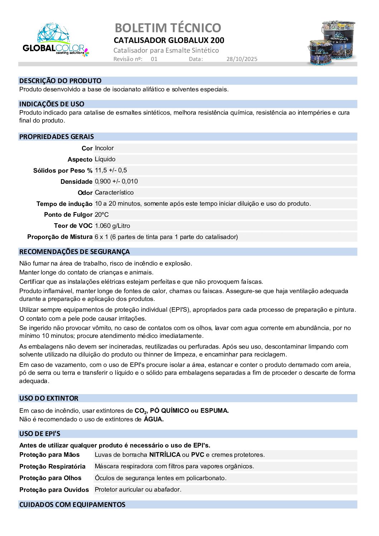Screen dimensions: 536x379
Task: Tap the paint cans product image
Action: [x=332, y=43]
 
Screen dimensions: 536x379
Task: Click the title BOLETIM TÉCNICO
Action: [x=168, y=28]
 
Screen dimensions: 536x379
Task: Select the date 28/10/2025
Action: [x=242, y=59]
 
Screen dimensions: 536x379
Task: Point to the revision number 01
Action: [x=154, y=59]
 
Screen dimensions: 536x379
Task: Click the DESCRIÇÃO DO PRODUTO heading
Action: [x=60, y=81]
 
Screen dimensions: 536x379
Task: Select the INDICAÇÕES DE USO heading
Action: [x=52, y=104]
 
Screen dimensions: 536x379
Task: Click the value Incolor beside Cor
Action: [x=104, y=148]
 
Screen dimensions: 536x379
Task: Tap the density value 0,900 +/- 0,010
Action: [x=116, y=182]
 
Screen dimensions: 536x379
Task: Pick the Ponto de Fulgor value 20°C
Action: [x=102, y=215]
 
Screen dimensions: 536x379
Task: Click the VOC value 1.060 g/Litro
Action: [x=112, y=226]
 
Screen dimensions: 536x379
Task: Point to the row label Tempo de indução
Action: [x=64, y=204]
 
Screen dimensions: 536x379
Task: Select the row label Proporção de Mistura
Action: [x=60, y=237]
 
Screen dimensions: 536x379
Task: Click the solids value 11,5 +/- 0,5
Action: [x=111, y=171]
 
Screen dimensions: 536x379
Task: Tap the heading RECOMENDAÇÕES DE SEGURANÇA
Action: [x=74, y=252]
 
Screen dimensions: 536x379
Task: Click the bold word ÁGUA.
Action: [x=154, y=420]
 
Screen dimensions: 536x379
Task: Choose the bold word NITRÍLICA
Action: [x=165, y=455]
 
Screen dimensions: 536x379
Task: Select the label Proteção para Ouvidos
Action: [x=54, y=490]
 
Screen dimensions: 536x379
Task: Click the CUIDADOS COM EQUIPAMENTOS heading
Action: [x=72, y=505]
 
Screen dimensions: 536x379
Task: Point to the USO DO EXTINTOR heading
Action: [x=49, y=398]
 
